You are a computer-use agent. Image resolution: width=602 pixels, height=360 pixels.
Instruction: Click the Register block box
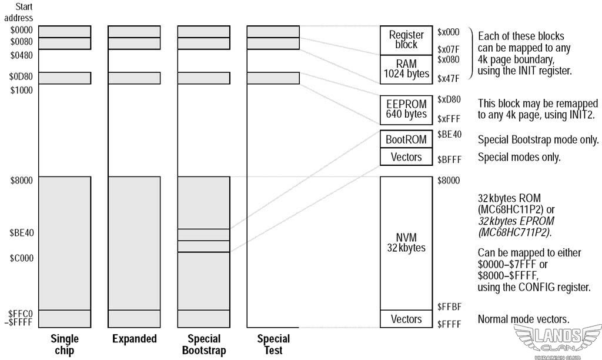(406, 40)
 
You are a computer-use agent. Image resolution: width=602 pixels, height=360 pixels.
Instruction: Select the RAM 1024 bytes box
(406, 68)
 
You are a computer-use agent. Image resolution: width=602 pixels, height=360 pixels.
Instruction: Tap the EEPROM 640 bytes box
(406, 109)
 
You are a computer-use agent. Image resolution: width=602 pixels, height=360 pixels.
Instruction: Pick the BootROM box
(406, 140)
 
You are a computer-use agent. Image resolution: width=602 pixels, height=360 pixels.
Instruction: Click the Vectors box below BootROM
(406, 157)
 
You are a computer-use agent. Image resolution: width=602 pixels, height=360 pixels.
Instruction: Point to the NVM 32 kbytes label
(406, 242)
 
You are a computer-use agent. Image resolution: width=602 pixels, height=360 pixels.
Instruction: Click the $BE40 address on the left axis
(22, 232)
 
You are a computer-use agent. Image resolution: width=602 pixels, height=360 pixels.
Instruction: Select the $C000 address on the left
(22, 258)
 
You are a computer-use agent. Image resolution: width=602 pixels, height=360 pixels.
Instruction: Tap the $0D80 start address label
(22, 76)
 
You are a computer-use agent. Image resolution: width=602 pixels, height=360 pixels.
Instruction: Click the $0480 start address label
(22, 55)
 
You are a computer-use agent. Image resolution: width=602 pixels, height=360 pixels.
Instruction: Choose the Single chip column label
(65, 345)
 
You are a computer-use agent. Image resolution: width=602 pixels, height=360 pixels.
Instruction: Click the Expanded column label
(134, 339)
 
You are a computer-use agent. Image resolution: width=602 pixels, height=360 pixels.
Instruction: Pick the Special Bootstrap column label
(203, 345)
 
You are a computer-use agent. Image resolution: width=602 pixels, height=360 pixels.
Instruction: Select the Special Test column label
(273, 345)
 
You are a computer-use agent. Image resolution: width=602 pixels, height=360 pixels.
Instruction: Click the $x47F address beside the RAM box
(449, 78)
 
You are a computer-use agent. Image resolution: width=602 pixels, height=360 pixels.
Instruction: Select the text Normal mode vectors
(523, 319)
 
